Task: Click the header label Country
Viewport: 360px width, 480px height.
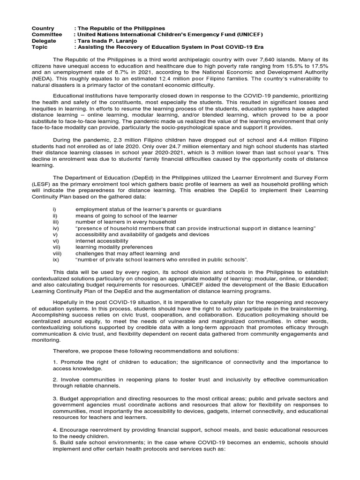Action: [43, 29]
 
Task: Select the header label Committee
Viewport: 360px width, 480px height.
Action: [46, 35]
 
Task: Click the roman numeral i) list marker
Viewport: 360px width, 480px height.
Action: [54, 209]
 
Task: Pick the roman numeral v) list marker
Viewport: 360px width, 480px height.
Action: [55, 234]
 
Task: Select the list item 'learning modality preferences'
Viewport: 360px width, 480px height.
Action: [114, 247]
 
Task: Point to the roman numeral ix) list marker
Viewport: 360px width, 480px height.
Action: [55, 259]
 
